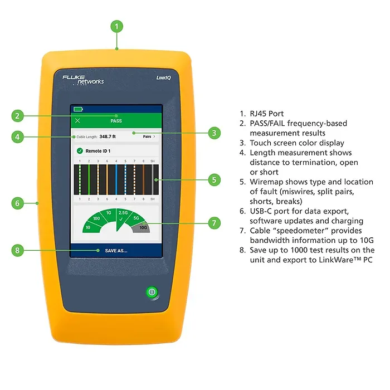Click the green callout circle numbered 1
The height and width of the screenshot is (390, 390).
(116, 26)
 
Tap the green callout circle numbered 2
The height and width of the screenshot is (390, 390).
(18, 116)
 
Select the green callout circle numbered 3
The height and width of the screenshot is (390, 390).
(214, 133)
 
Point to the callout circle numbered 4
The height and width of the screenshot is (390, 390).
(18, 136)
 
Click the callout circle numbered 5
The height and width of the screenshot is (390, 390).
(214, 179)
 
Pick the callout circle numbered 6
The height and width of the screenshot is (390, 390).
(18, 203)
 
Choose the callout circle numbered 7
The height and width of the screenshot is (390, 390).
(214, 223)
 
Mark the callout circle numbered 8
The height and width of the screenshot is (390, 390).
(18, 250)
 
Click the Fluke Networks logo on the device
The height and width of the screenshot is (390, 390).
(83, 79)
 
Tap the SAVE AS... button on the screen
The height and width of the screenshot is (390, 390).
(116, 251)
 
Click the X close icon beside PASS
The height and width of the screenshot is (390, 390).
(77, 121)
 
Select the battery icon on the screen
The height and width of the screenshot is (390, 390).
(78, 109)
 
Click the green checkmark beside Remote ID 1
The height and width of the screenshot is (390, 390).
(80, 151)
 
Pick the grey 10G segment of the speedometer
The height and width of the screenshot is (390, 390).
(144, 228)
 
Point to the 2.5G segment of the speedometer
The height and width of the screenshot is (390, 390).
(123, 214)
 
